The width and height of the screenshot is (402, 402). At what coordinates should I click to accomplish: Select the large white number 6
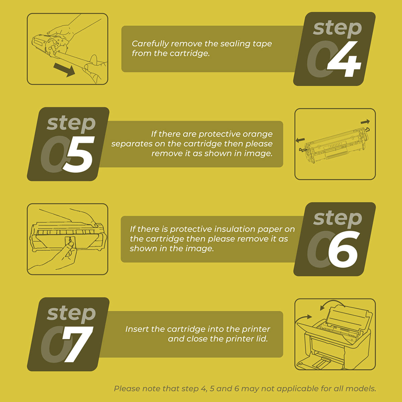pos(343,249)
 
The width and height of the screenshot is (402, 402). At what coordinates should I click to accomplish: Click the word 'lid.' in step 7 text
pos(262,339)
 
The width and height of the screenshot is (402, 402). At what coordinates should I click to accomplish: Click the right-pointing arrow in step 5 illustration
pos(365,122)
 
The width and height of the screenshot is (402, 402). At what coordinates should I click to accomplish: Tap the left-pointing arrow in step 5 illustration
pos(300,140)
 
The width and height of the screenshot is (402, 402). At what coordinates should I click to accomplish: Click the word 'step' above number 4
pos(338,28)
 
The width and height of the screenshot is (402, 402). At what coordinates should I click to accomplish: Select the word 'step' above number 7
pos(71,314)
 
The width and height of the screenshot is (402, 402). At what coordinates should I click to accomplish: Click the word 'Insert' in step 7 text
pos(136,329)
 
